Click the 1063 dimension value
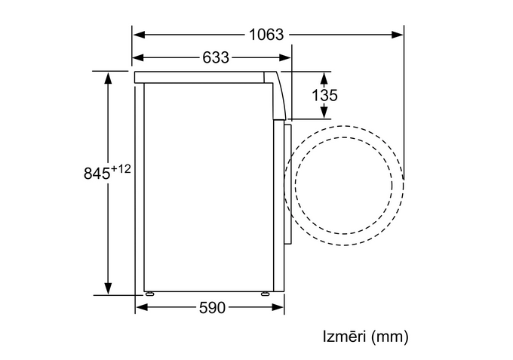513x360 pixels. (x=266, y=35)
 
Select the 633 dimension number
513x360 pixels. (x=216, y=57)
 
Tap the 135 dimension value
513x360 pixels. (x=324, y=95)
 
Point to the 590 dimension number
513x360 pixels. (x=212, y=308)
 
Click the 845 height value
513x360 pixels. (x=97, y=173)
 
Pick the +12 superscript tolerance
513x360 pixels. (x=121, y=169)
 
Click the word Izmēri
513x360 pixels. (x=344, y=337)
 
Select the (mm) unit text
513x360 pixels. (x=390, y=337)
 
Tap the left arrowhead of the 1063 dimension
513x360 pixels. (x=139, y=35)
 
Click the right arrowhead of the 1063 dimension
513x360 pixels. (x=397, y=35)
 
